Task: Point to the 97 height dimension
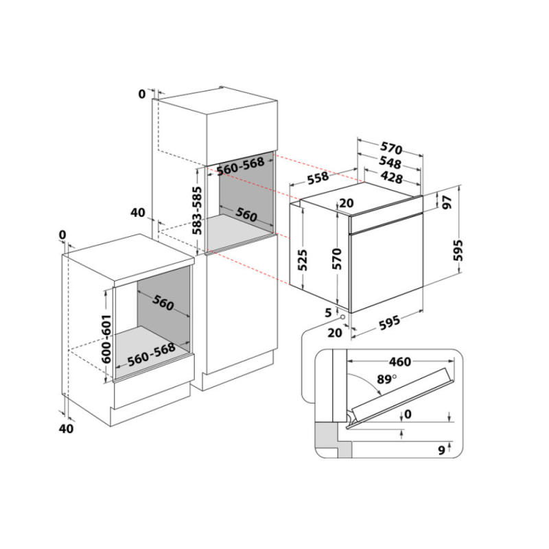pyautogui.click(x=448, y=202)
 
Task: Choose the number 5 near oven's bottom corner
pyautogui.click(x=329, y=312)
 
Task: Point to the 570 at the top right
pyautogui.click(x=390, y=148)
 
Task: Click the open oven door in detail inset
pyautogui.click(x=401, y=399)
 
